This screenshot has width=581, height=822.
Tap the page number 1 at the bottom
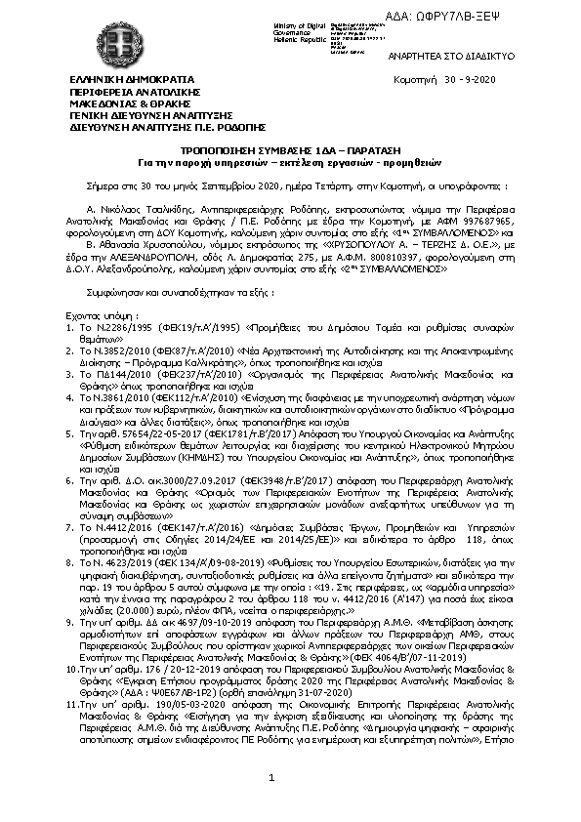point(272,777)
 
